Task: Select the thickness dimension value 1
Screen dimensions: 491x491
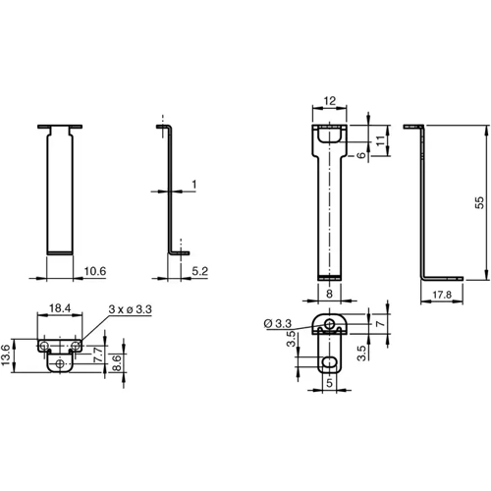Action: coord(194,184)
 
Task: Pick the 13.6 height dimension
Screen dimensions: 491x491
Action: coord(10,355)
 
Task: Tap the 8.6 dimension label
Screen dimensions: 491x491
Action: coord(119,361)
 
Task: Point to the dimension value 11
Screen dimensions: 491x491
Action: coord(382,138)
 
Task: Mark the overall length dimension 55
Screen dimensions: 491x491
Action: coord(479,201)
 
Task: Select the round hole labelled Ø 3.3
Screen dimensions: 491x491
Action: coord(331,324)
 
